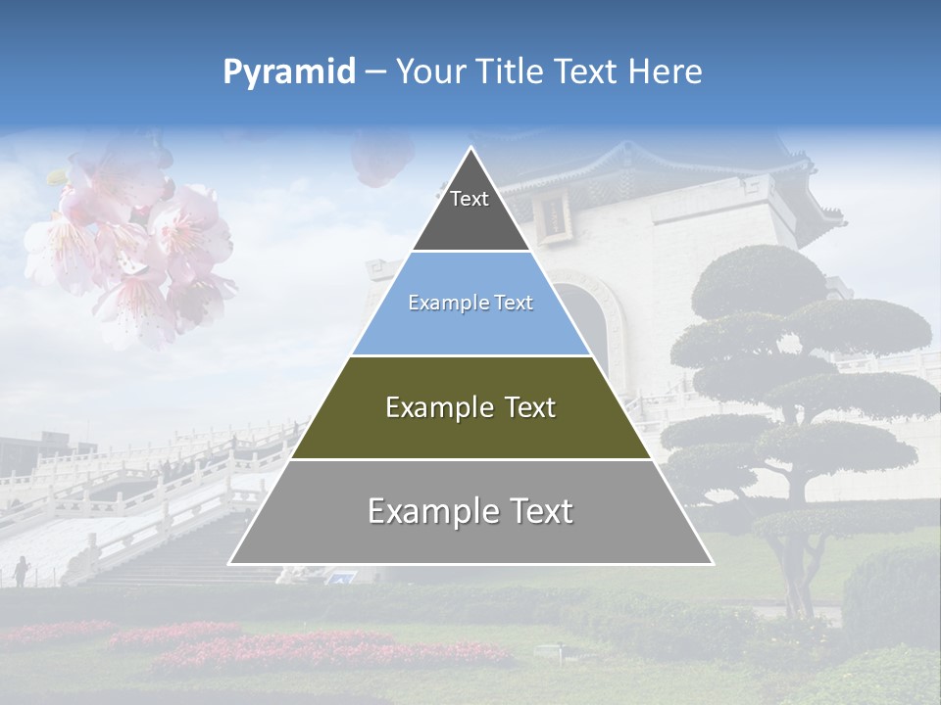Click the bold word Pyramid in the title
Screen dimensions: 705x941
[289, 71]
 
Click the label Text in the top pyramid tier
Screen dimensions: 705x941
[470, 199]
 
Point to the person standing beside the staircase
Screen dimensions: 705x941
[21, 570]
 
